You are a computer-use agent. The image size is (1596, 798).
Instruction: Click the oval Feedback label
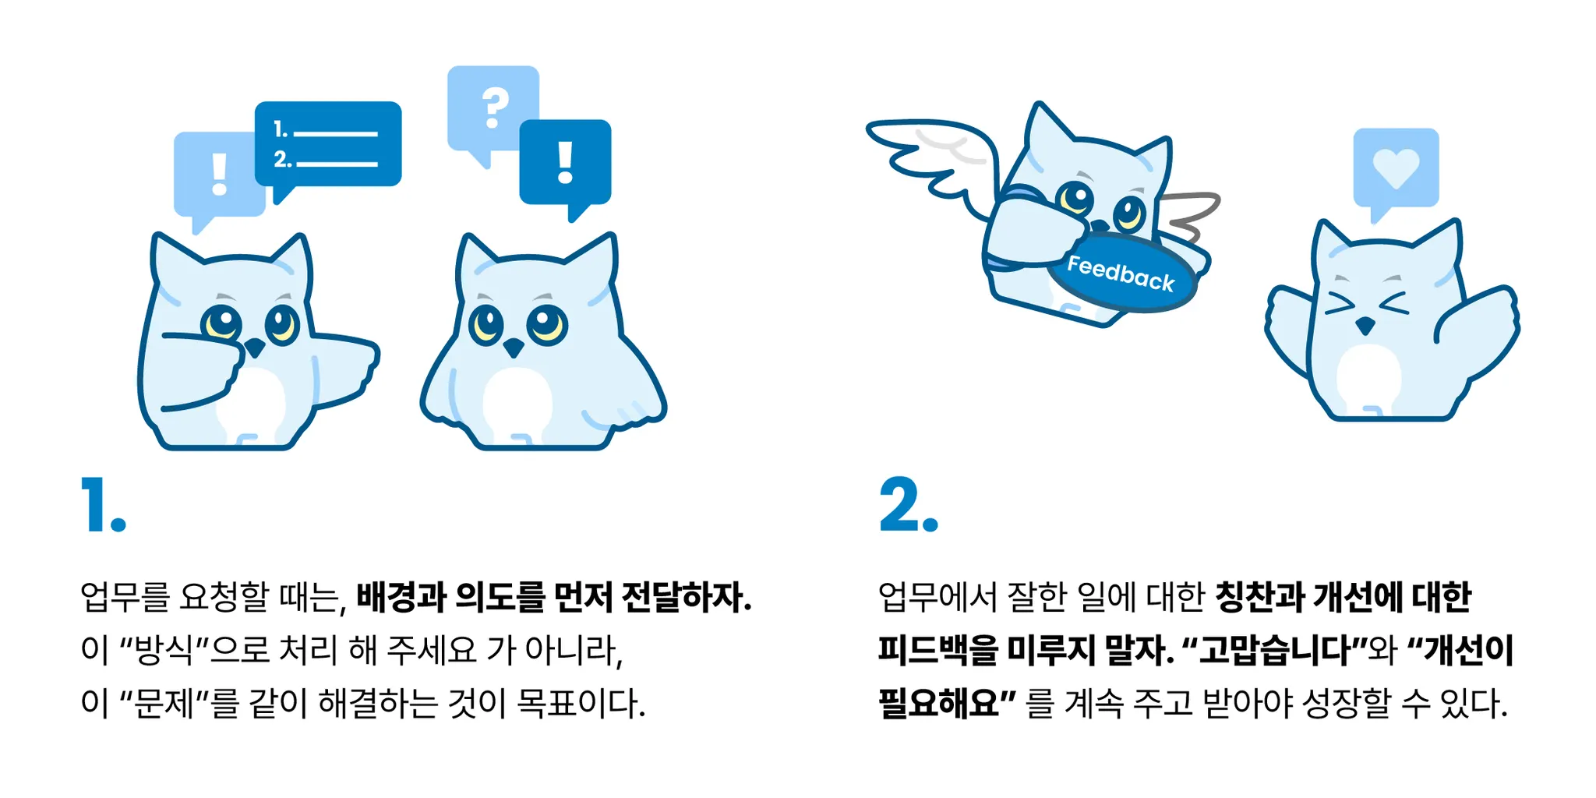[x=1121, y=274]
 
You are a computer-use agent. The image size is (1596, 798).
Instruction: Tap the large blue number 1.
[x=103, y=505]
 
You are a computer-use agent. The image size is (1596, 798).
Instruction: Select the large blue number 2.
[x=909, y=505]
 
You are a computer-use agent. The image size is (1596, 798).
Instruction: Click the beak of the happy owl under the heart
[x=1365, y=325]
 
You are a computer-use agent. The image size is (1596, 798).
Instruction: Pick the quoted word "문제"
[x=164, y=703]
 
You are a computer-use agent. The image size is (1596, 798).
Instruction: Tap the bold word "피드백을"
[x=938, y=650]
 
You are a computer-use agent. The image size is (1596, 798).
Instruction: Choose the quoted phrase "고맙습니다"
[x=1274, y=650]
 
